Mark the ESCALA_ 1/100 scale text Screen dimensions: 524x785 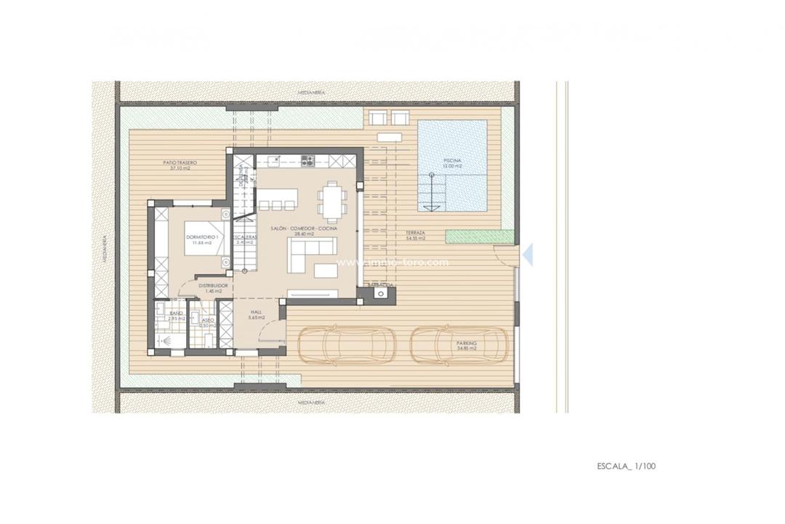[x=626, y=465]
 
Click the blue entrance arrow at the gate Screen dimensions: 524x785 [x=528, y=253]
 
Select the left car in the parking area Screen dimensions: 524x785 [x=347, y=344]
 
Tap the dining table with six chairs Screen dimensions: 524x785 [x=331, y=201]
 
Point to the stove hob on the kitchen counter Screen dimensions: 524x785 [x=307, y=160]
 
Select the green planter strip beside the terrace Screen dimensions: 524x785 [x=479, y=237]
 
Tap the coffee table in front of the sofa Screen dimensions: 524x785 [x=325, y=271]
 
